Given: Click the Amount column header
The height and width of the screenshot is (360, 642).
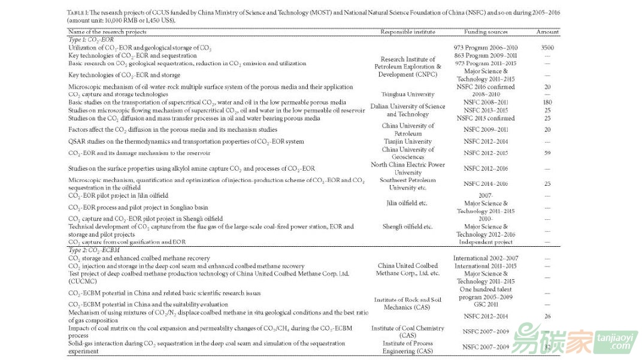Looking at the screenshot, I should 547,32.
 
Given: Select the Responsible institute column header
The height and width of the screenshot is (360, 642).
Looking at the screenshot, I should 408,32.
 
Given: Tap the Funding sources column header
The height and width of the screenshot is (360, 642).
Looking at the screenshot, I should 486,32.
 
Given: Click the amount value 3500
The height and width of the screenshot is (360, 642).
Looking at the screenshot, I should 547,47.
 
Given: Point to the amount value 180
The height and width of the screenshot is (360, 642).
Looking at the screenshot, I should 547,102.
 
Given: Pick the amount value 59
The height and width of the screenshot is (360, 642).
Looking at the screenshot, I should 547,153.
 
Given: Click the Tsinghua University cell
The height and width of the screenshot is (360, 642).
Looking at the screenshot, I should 408,95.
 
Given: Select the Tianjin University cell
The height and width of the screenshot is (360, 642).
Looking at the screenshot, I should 407,142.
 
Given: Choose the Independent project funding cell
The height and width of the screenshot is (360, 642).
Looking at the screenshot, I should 486,242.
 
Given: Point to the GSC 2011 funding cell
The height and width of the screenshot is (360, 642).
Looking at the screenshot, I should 486,305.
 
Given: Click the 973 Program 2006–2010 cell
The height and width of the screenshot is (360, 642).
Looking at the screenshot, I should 486,47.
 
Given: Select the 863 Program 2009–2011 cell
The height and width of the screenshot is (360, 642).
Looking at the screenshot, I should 486,56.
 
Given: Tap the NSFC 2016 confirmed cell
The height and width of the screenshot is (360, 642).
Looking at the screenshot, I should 486,87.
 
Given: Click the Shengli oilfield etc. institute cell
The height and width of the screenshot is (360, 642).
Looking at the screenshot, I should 407,227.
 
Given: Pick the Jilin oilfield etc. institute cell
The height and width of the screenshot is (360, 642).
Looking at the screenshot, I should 407,204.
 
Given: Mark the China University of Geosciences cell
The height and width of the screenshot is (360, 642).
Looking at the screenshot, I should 408,153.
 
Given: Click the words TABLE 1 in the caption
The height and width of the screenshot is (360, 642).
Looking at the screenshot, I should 77,12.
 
